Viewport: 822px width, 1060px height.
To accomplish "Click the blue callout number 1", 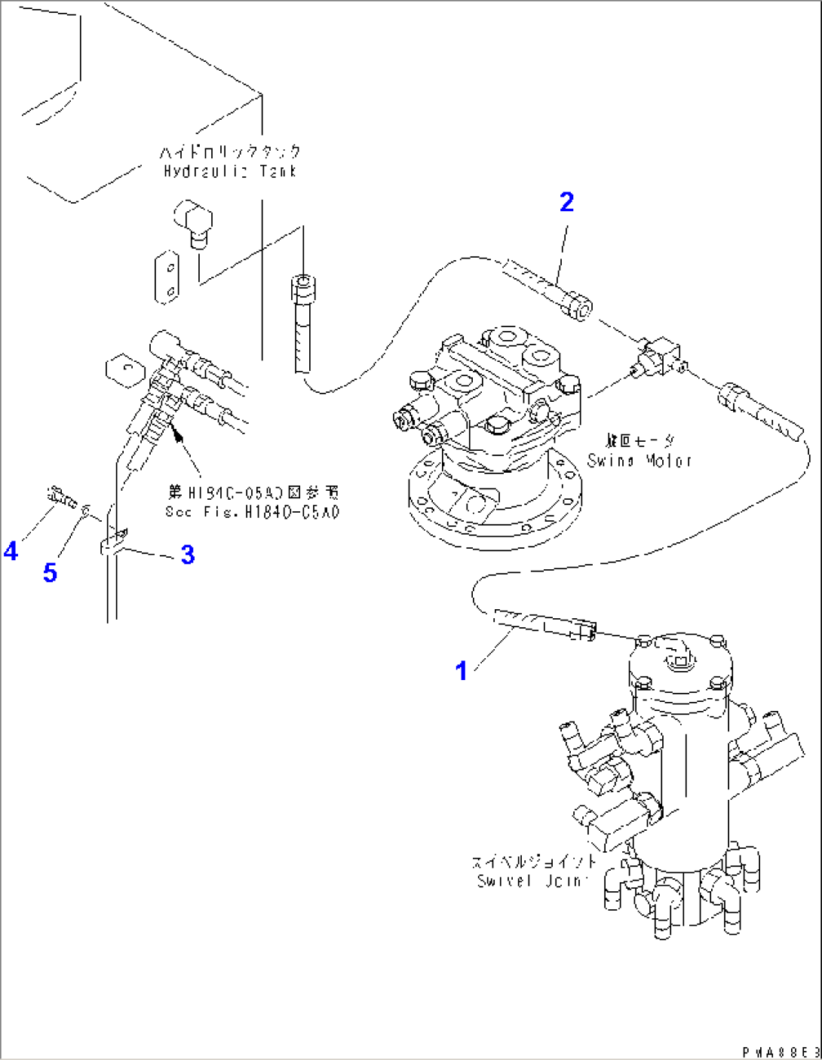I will point(462,669).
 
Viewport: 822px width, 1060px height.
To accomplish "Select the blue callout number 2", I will point(566,202).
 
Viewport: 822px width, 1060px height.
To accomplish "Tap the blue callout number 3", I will point(187,555).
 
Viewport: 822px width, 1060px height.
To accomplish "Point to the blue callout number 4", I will point(11,552).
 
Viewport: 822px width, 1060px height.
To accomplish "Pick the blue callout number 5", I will point(50,572).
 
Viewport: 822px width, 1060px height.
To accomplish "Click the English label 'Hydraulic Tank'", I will point(231,172).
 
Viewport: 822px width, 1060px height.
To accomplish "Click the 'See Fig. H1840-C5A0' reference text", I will point(252,512).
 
